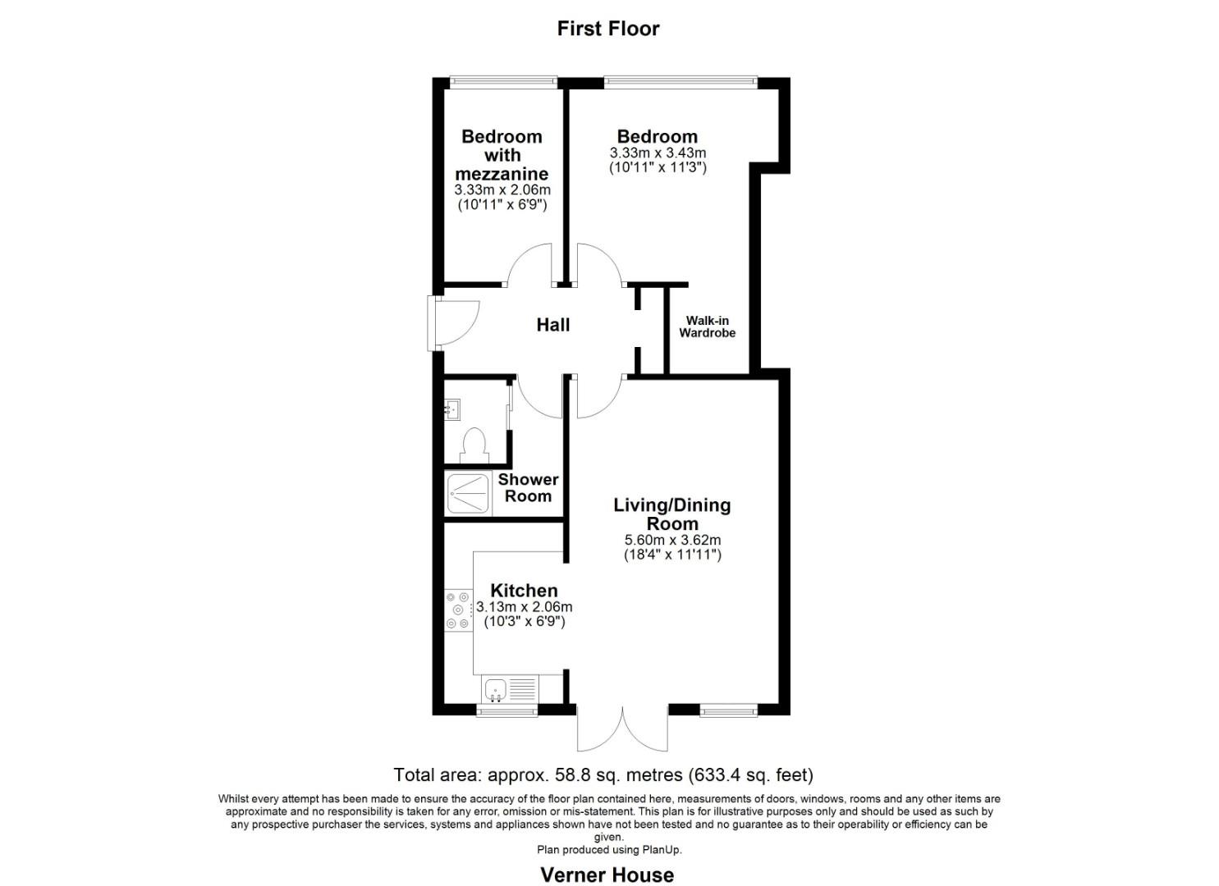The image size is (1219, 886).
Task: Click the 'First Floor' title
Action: [x=608, y=28]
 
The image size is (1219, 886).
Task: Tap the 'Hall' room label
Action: [x=553, y=325]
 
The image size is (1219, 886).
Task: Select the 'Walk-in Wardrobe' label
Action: [x=707, y=327]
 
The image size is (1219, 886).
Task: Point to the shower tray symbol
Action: [x=469, y=493]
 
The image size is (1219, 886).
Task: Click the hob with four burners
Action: [x=458, y=610]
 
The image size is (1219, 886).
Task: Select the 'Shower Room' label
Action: [x=528, y=487]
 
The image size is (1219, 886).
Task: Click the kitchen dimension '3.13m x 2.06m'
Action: [x=524, y=606]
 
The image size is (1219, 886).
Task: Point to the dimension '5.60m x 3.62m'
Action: [x=672, y=540]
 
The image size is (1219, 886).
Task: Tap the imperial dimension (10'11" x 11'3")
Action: [x=658, y=167]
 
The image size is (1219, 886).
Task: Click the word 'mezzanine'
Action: [x=502, y=174]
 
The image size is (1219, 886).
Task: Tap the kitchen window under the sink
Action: [x=507, y=711]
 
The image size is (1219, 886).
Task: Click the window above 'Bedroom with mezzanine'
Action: [x=504, y=81]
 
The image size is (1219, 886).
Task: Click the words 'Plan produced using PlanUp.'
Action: [x=609, y=850]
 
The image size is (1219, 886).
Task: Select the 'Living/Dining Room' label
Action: [x=672, y=514]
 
